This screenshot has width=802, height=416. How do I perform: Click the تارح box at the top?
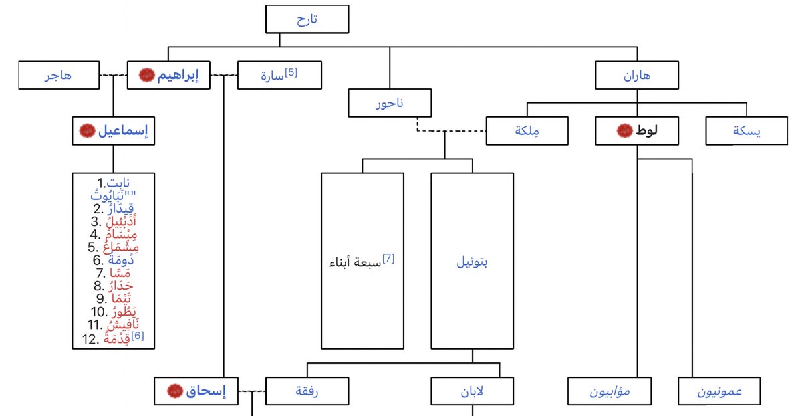tap(307, 19)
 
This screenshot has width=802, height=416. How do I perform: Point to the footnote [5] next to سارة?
tap(291, 71)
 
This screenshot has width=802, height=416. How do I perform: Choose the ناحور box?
tap(390, 104)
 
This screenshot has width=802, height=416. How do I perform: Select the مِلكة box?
tap(527, 131)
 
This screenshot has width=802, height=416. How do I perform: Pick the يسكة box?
tap(747, 131)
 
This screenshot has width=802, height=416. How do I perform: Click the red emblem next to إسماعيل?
tap(86, 132)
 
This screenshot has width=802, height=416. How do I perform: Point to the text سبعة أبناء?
tap(355, 262)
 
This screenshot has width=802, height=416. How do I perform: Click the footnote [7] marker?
tap(388, 258)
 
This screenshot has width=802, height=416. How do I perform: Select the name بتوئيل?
tap(472, 262)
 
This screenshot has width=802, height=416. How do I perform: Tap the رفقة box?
tap(307, 391)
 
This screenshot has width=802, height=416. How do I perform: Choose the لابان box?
tap(472, 391)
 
